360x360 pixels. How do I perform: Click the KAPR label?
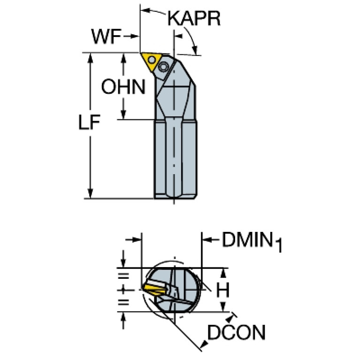[194, 18]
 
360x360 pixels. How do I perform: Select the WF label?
[106, 37]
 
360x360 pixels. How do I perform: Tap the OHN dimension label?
[123, 86]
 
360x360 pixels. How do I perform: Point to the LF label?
[89, 122]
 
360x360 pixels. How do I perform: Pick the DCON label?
[236, 332]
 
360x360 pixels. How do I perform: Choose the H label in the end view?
[222, 290]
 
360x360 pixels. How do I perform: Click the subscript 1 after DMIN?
[278, 245]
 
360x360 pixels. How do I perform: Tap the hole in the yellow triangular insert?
[152, 60]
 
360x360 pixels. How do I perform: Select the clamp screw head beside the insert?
[163, 67]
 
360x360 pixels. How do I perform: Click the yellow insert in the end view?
[153, 290]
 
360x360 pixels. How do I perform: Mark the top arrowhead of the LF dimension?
[90, 57]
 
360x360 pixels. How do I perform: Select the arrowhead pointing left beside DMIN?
[207, 240]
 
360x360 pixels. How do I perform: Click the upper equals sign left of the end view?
[123, 276]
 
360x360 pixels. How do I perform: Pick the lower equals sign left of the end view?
[123, 302]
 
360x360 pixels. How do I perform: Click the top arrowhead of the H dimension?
[223, 273]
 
